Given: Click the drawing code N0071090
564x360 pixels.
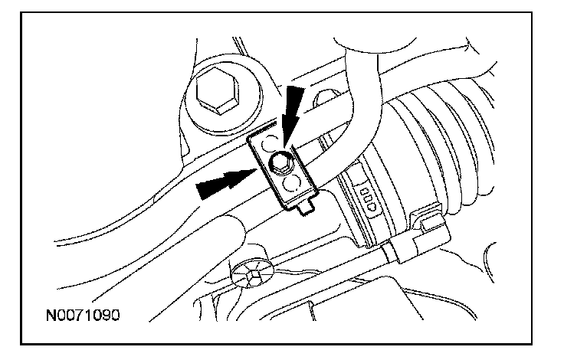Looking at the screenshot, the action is tap(83, 316).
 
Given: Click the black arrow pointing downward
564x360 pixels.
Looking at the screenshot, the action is tap(292, 115).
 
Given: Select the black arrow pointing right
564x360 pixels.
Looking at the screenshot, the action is tap(226, 184).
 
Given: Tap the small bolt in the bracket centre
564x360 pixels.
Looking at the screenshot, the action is tap(280, 164).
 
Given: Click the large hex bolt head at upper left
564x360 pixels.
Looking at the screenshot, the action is tap(218, 90).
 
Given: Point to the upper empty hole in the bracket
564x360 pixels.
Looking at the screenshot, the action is tap(270, 144).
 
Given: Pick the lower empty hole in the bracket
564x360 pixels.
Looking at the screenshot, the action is tap(291, 183).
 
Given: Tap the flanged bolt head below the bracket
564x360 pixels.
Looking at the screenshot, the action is tap(252, 273).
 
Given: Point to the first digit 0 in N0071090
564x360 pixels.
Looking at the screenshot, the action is tap(62, 316).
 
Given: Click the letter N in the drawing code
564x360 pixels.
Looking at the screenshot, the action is tap(51, 316).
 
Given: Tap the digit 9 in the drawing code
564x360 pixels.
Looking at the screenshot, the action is tap(105, 316).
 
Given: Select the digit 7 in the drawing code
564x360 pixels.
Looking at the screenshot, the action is tap(82, 316).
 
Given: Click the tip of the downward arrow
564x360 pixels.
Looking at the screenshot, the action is tap(284, 148).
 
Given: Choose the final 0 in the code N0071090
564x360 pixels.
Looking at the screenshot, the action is tap(115, 316).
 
